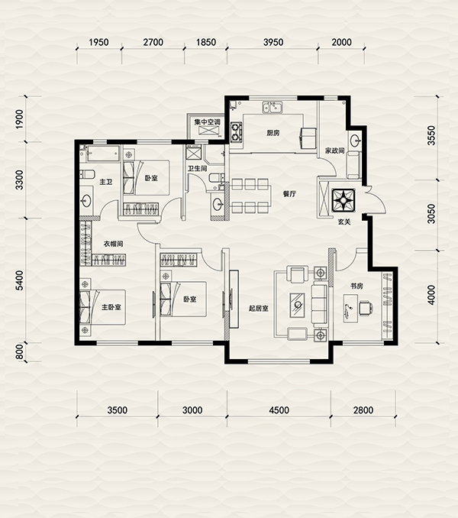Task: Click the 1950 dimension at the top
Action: click(x=98, y=42)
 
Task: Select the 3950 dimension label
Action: click(x=273, y=42)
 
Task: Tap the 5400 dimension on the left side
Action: click(x=20, y=280)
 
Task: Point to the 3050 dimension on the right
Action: click(x=431, y=214)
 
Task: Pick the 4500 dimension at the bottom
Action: click(x=279, y=410)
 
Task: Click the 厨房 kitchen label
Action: click(x=273, y=133)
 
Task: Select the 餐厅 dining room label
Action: click(x=289, y=194)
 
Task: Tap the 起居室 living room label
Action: click(x=258, y=309)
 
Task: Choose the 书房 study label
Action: click(x=356, y=286)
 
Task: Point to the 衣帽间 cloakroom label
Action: click(x=113, y=244)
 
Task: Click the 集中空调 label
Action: click(x=207, y=122)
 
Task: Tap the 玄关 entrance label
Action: click(x=343, y=222)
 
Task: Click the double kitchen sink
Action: click(x=273, y=108)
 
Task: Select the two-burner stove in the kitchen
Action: click(x=236, y=132)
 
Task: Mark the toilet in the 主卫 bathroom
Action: click(x=88, y=173)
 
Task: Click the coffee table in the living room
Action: click(x=298, y=305)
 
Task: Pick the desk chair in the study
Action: click(x=366, y=308)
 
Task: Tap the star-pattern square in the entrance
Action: click(x=343, y=200)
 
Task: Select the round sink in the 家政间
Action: click(x=356, y=141)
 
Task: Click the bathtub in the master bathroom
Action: click(x=103, y=154)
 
